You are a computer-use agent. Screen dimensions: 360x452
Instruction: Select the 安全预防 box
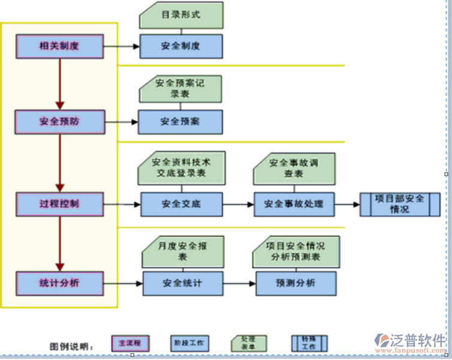tap(59, 121)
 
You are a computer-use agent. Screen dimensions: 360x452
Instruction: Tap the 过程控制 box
tap(59, 203)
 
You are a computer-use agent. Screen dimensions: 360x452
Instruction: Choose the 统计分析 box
tap(59, 283)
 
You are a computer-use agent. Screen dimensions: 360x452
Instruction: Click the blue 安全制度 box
tap(180, 46)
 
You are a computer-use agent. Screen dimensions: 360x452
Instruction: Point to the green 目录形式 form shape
tap(180, 15)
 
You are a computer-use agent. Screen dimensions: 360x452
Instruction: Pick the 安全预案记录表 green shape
tap(180, 88)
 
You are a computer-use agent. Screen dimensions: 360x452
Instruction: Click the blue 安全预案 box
tap(180, 122)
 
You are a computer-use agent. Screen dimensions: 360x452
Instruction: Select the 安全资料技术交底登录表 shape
tap(180, 167)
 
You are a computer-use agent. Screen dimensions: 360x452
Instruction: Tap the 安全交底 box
tap(181, 204)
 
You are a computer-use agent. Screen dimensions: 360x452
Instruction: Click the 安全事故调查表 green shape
tap(293, 168)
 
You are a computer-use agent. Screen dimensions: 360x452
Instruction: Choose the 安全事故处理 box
tap(293, 204)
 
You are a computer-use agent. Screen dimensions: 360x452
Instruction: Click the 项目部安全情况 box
tap(399, 204)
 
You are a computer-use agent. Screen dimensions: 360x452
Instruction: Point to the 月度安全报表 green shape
tap(182, 251)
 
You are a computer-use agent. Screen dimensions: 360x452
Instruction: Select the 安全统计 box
tap(182, 283)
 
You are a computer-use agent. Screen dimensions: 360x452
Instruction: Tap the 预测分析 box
tap(296, 283)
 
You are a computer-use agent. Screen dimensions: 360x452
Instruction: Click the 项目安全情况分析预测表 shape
tap(296, 251)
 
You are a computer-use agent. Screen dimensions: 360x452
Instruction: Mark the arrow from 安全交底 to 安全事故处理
tap(238, 205)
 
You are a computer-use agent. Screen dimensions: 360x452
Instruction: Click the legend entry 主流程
tap(129, 343)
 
